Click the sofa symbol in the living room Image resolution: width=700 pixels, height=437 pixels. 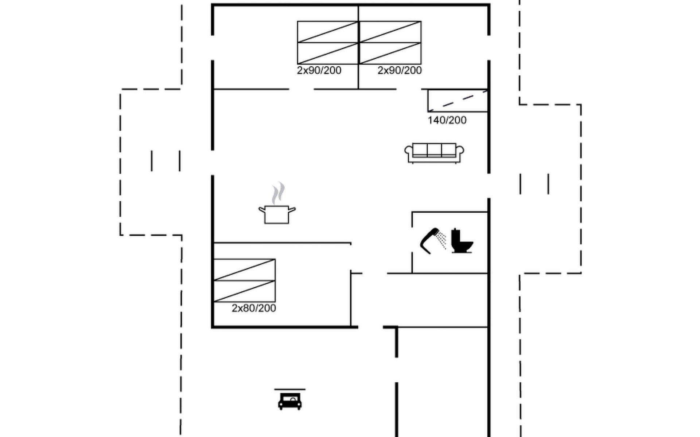(434, 153)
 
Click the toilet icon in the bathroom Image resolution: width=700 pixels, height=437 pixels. (462, 241)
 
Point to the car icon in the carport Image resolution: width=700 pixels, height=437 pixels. (290, 401)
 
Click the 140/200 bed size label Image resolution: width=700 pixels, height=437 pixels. (447, 120)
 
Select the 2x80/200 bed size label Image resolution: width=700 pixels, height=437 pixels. (254, 308)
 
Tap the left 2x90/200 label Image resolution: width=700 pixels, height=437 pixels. (319, 70)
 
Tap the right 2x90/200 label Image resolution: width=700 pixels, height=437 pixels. (400, 70)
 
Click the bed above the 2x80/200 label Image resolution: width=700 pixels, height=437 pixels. (244, 280)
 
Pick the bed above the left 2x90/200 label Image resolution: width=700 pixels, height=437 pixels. (328, 43)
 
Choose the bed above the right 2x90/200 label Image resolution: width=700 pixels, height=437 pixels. (390, 43)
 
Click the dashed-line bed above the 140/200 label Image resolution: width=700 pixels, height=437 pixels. (458, 101)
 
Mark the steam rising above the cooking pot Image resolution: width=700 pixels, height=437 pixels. (278, 193)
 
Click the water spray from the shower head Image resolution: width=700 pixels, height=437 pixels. (442, 240)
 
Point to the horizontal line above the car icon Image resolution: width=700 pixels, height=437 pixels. (290, 389)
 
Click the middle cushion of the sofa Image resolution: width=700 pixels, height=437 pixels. (434, 150)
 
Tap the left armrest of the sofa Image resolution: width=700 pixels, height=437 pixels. (409, 153)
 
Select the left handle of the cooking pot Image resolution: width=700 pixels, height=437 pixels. (262, 209)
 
